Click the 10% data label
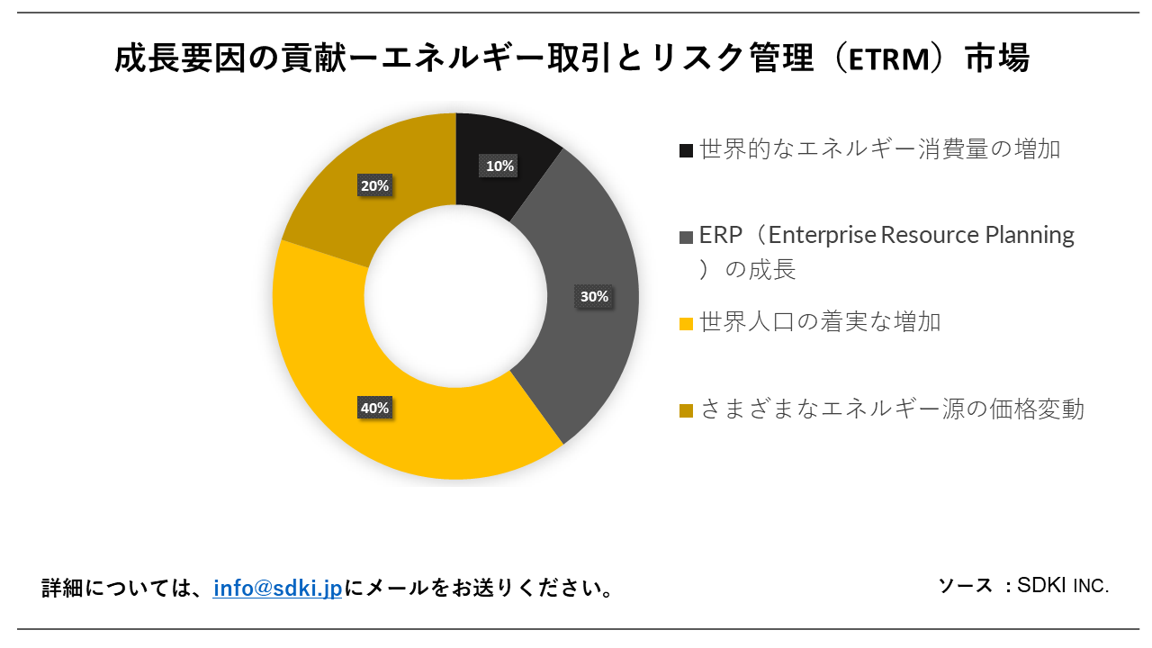pos(499,166)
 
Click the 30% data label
pos(594,296)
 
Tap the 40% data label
pos(374,408)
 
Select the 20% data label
pos(374,186)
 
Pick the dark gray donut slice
pos(585,342)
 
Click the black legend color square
pos(687,150)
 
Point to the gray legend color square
pos(687,238)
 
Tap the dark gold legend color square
pos(687,410)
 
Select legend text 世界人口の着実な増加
pos(820,322)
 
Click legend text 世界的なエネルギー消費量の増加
pos(879,148)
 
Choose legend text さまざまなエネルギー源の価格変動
pos(892,409)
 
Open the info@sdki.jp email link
pos(277,589)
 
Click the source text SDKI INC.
pos(1063,585)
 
